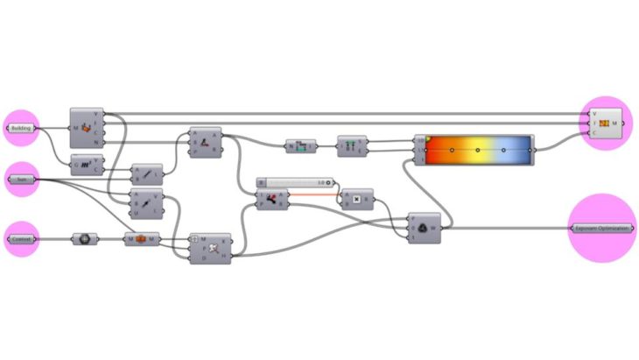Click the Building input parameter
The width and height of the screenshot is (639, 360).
coord(21,128)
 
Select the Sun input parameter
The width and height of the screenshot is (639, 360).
coord(21,180)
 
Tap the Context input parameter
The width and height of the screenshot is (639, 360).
coord(21,238)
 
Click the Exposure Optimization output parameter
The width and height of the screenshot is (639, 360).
coord(601,228)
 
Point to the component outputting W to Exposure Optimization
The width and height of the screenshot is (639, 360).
coord(425,228)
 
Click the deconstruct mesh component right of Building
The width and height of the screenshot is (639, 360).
coord(87,128)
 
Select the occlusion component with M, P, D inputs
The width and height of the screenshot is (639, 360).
coord(211,248)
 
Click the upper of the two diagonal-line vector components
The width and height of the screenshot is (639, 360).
coord(146,173)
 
